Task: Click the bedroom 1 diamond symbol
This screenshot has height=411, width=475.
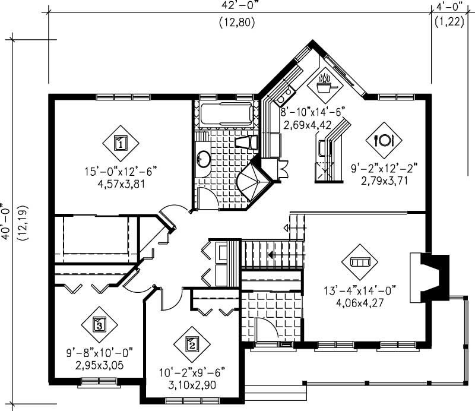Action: (x=121, y=143)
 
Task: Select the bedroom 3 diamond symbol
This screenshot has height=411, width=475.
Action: (x=99, y=324)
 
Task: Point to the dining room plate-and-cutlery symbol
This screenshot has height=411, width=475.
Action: (x=384, y=140)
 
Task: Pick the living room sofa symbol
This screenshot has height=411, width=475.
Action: (x=360, y=262)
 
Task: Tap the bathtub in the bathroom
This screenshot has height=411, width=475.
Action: (x=226, y=114)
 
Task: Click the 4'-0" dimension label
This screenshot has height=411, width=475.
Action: (x=450, y=8)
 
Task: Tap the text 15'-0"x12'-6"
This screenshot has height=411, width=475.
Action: (x=121, y=172)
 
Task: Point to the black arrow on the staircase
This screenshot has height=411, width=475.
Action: (x=271, y=255)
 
